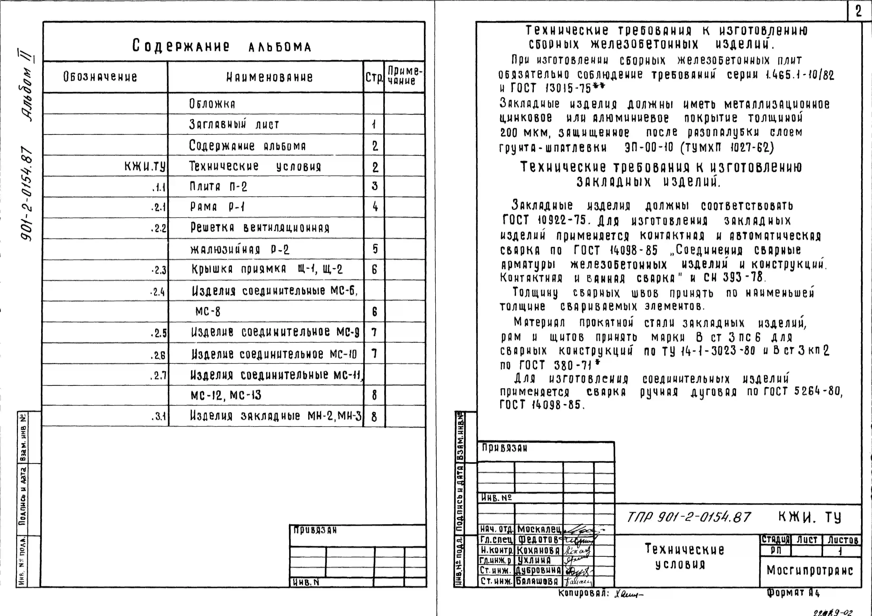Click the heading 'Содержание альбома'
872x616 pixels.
(221, 46)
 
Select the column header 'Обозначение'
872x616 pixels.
(100, 77)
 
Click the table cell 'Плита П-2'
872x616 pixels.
(218, 187)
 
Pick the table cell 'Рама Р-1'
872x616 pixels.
(217, 207)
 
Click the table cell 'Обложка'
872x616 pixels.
(212, 104)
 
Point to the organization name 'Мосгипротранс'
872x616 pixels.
(810, 570)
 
